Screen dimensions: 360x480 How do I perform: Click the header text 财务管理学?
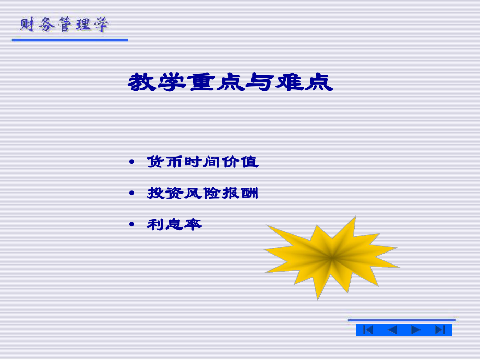pos(64,25)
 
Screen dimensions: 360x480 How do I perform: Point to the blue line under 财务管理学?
pos(70,40)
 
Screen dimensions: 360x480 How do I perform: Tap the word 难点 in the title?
pos(305,82)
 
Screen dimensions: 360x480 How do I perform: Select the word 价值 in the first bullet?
pos(240,162)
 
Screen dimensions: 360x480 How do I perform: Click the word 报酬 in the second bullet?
pos(240,194)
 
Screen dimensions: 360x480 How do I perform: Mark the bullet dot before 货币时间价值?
pos(131,162)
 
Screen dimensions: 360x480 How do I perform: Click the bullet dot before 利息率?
pos(131,225)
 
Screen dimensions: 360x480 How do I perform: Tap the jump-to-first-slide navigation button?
pos(368,330)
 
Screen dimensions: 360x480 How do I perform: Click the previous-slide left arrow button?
pos(392,330)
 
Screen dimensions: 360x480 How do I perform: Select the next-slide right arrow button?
pos(416,330)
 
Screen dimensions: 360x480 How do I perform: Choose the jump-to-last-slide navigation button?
pos(440,330)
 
